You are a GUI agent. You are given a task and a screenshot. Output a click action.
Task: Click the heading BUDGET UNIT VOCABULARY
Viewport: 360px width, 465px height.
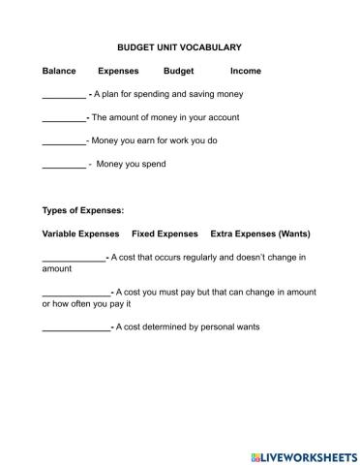(179, 46)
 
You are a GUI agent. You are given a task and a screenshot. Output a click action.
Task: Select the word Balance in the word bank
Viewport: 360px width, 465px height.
(59, 71)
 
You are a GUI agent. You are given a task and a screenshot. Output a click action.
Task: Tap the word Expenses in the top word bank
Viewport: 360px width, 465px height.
(118, 71)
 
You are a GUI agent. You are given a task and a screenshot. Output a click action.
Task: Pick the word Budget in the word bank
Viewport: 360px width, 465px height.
(179, 71)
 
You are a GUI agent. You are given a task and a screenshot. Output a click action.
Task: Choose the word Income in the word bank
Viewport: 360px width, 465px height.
(246, 71)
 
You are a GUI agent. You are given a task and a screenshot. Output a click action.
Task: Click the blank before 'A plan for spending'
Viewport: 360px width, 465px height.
(64, 96)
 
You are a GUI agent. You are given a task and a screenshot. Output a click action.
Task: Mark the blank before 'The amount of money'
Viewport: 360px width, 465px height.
(64, 118)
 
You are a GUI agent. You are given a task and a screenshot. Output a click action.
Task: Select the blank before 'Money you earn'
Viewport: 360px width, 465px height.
(64, 141)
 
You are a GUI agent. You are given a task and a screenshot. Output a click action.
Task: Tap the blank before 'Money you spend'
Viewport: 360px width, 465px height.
(64, 166)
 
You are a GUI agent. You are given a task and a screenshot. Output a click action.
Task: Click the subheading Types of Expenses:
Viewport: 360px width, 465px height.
(83, 210)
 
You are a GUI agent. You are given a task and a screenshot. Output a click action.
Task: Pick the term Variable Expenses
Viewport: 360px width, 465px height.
(81, 233)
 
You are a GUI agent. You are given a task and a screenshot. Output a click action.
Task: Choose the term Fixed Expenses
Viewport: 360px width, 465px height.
(165, 233)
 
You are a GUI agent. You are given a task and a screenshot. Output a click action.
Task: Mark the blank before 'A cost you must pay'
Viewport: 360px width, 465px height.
(76, 293)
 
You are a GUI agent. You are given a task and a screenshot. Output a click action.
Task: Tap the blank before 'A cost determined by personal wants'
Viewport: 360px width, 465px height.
(76, 328)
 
